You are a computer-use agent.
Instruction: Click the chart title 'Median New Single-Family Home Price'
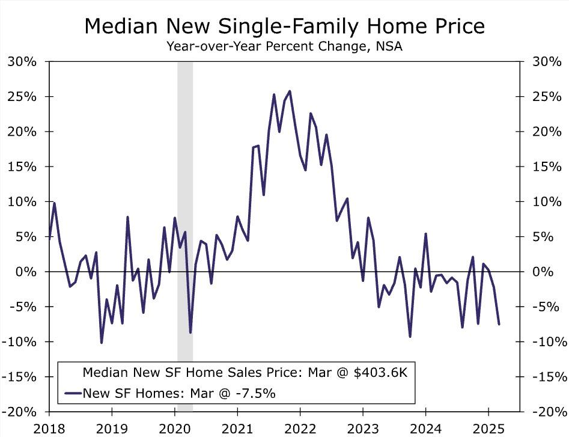click(x=284, y=26)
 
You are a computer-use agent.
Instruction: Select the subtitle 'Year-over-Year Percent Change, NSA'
click(x=284, y=46)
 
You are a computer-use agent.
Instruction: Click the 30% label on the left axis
click(x=22, y=61)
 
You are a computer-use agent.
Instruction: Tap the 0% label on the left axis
click(x=26, y=272)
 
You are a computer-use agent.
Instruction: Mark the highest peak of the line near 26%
click(x=290, y=91)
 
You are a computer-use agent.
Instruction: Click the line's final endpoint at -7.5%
click(x=499, y=324)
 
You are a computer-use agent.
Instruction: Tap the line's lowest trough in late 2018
click(x=102, y=343)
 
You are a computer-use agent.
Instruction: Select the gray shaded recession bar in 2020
click(x=185, y=180)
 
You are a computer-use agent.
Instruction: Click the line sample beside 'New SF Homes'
click(x=72, y=393)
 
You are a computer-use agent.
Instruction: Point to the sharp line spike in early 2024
click(x=425, y=234)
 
